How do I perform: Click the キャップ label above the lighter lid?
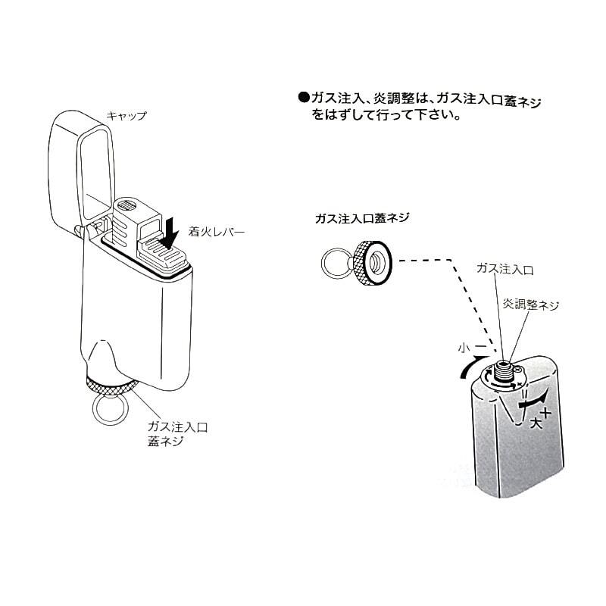[x=127, y=115]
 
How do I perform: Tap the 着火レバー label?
[x=217, y=232]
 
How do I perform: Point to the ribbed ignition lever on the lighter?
[x=163, y=253]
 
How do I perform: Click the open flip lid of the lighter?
[x=80, y=170]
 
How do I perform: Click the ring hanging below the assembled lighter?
[x=108, y=410]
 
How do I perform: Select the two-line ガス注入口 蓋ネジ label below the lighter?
[x=177, y=434]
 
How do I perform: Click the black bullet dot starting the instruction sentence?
[x=305, y=98]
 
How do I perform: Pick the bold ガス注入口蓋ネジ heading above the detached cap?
[x=362, y=218]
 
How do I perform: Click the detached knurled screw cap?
[x=372, y=262]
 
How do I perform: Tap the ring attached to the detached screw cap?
[x=336, y=262]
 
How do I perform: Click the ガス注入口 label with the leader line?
[x=504, y=269]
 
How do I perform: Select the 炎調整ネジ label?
[x=530, y=305]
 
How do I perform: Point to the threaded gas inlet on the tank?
[x=502, y=370]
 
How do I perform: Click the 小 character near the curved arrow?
[x=464, y=348]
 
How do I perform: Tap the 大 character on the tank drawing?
[x=536, y=423]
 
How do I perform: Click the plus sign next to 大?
[x=545, y=413]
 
